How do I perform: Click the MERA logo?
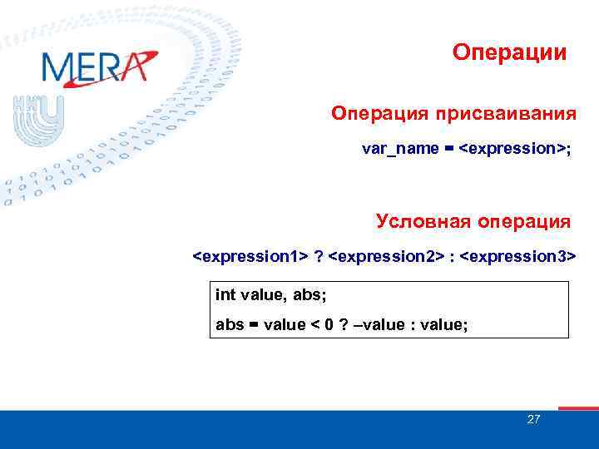98,67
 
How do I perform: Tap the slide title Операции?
510,52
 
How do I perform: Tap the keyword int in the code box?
225,294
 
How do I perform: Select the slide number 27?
533,420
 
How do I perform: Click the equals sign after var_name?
448,150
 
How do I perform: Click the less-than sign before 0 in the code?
314,324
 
